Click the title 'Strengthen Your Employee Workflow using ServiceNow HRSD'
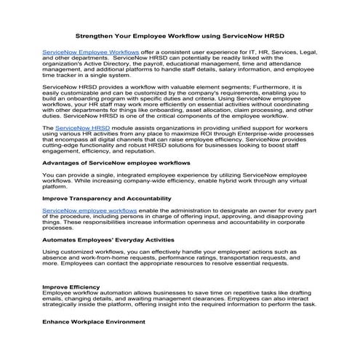180,34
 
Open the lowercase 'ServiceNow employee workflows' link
86,209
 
